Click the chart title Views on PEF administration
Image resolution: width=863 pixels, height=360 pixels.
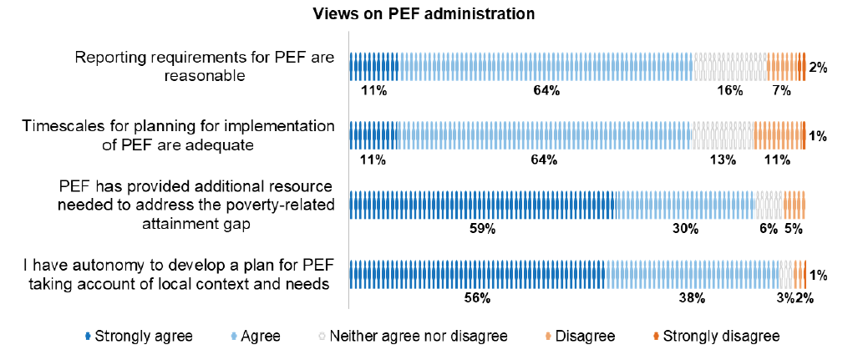[x=424, y=14]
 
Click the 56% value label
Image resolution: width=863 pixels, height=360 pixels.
[x=477, y=297]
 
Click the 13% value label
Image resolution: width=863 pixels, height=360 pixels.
[x=723, y=160]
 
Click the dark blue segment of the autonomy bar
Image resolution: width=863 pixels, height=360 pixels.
[x=477, y=274]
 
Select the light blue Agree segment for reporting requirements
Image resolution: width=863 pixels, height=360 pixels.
[x=546, y=67]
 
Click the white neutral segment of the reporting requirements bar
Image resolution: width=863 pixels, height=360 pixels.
[x=729, y=67]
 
